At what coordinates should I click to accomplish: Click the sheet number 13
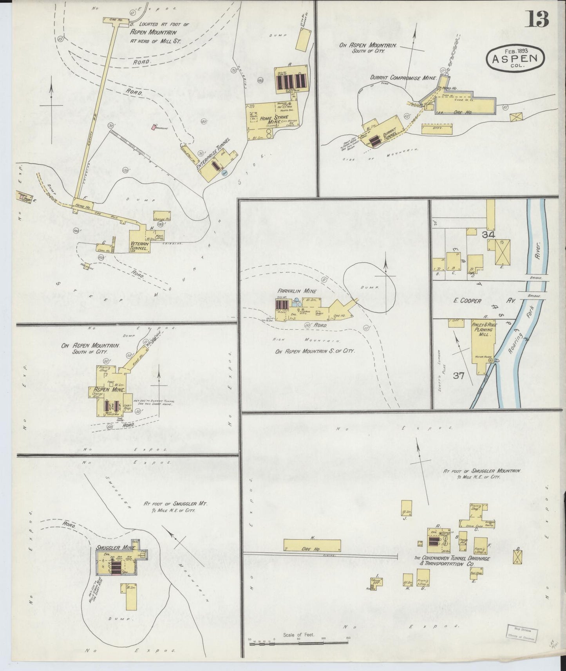pyautogui.click(x=537, y=19)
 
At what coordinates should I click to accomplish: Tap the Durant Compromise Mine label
pyautogui.click(x=403, y=78)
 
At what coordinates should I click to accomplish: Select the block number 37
pyautogui.click(x=459, y=376)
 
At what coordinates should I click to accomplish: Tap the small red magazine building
pyautogui.click(x=154, y=127)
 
